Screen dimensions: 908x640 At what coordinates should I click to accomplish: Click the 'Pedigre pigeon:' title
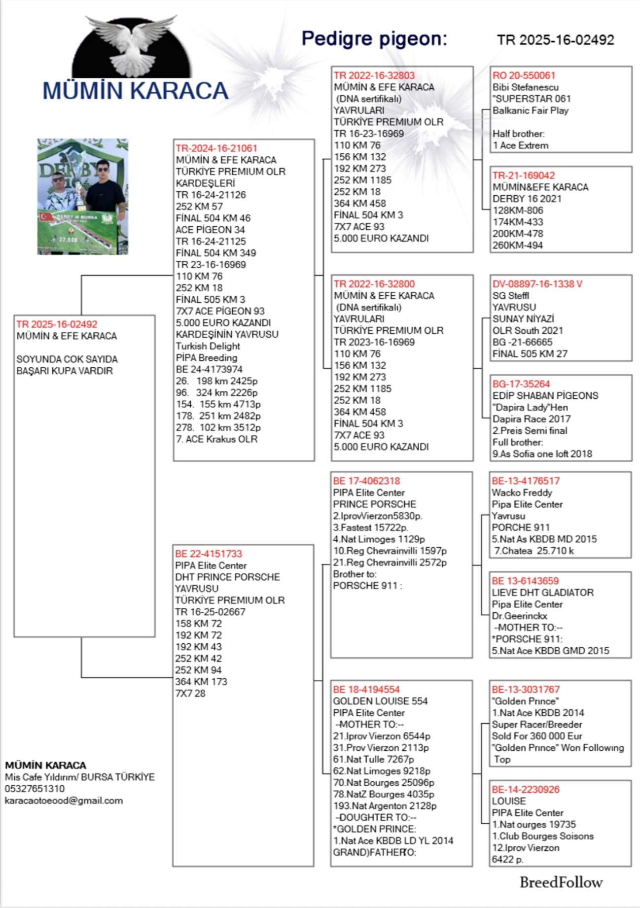(374, 38)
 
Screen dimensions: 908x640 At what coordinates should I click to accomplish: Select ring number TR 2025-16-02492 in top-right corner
(555, 40)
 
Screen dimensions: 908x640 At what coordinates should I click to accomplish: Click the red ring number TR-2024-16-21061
(216, 148)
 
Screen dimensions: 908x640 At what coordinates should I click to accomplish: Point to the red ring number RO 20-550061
(524, 75)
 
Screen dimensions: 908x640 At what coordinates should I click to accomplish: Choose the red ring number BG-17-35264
(521, 384)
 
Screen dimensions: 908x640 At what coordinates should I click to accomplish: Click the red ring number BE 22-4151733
(209, 554)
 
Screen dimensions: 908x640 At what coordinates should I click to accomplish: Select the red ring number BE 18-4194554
(366, 690)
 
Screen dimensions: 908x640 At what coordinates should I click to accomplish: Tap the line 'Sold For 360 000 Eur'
(537, 736)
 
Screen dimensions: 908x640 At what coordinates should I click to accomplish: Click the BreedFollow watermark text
(561, 882)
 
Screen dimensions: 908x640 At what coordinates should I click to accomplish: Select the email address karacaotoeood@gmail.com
(64, 801)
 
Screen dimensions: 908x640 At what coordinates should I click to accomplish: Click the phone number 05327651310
(35, 789)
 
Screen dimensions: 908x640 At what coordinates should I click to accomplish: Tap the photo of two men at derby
(83, 197)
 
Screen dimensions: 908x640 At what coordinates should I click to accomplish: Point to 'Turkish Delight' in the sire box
(208, 346)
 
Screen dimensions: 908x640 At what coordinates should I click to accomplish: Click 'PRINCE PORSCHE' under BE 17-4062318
(374, 504)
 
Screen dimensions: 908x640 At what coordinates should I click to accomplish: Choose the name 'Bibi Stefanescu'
(525, 87)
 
